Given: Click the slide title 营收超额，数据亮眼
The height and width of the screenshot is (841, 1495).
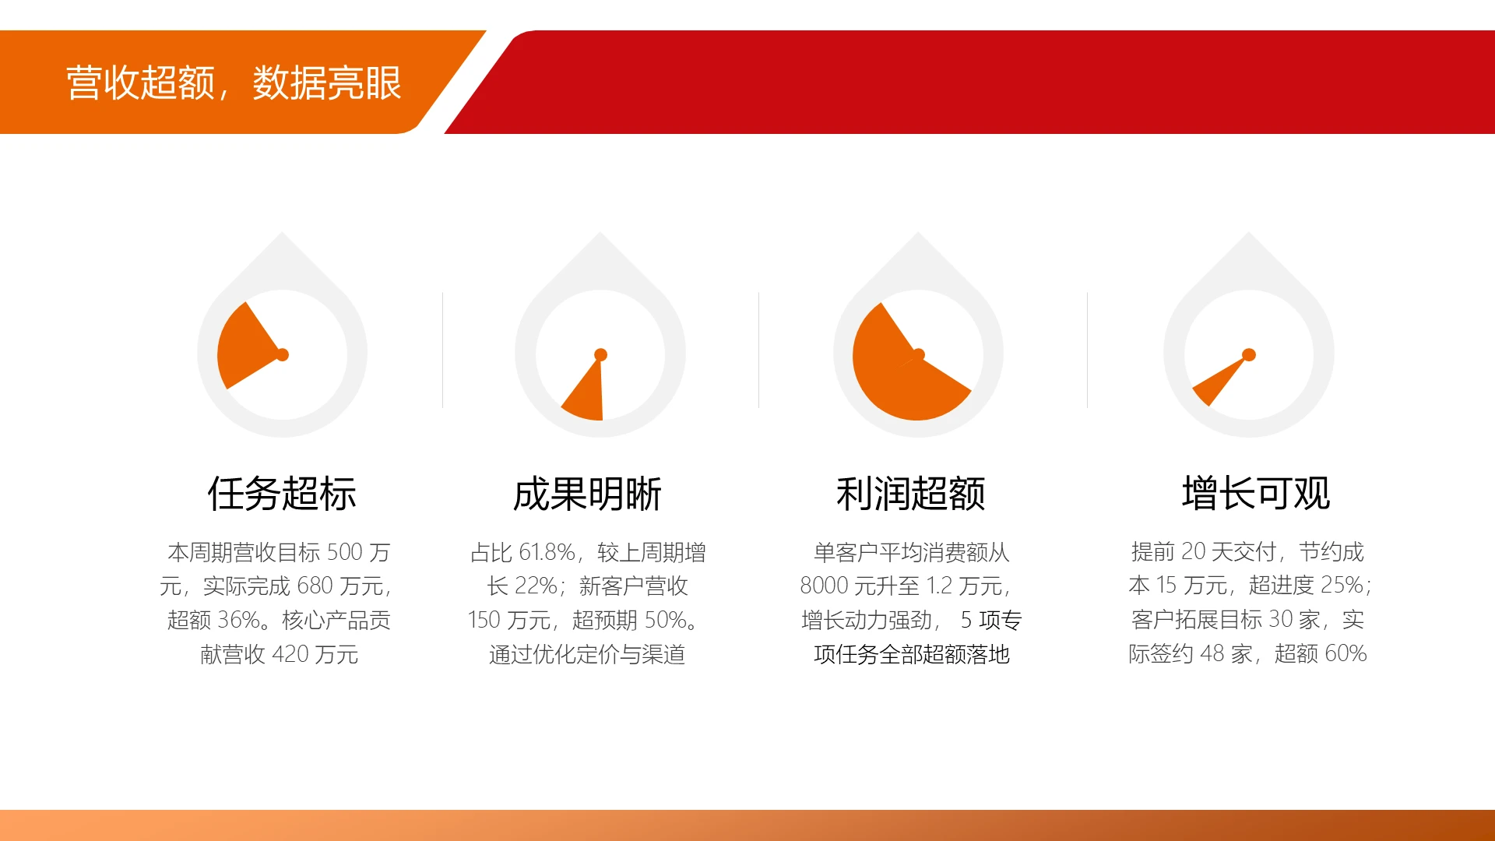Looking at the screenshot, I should click(x=234, y=83).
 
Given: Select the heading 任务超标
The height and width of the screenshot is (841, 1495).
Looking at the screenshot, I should click(x=282, y=494).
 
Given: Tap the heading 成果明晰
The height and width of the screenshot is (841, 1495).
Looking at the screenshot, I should click(x=587, y=494).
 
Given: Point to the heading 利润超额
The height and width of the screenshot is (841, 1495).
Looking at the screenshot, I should click(x=911, y=494).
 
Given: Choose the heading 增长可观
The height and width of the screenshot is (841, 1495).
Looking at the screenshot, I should click(x=1256, y=494).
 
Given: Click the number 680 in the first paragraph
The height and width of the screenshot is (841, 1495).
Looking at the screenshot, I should click(x=315, y=586).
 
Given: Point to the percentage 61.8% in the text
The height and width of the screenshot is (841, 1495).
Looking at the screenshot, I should click(x=547, y=552).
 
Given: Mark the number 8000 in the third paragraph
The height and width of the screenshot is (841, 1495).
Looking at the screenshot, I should click(x=824, y=586).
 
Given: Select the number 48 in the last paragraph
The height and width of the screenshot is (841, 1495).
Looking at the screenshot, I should click(x=1212, y=653).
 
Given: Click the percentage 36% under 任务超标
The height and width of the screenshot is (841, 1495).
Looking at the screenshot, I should click(x=238, y=620).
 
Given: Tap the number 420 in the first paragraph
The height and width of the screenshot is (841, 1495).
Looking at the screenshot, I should click(x=290, y=654).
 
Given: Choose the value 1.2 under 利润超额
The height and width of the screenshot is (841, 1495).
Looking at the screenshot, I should click(x=939, y=586).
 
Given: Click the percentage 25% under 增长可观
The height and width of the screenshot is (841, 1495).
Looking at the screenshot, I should click(x=1342, y=585).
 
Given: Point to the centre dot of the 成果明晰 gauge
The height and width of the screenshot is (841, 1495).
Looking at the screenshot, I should click(x=600, y=355).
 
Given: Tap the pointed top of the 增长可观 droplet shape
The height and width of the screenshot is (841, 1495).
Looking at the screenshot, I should click(x=1249, y=234).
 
